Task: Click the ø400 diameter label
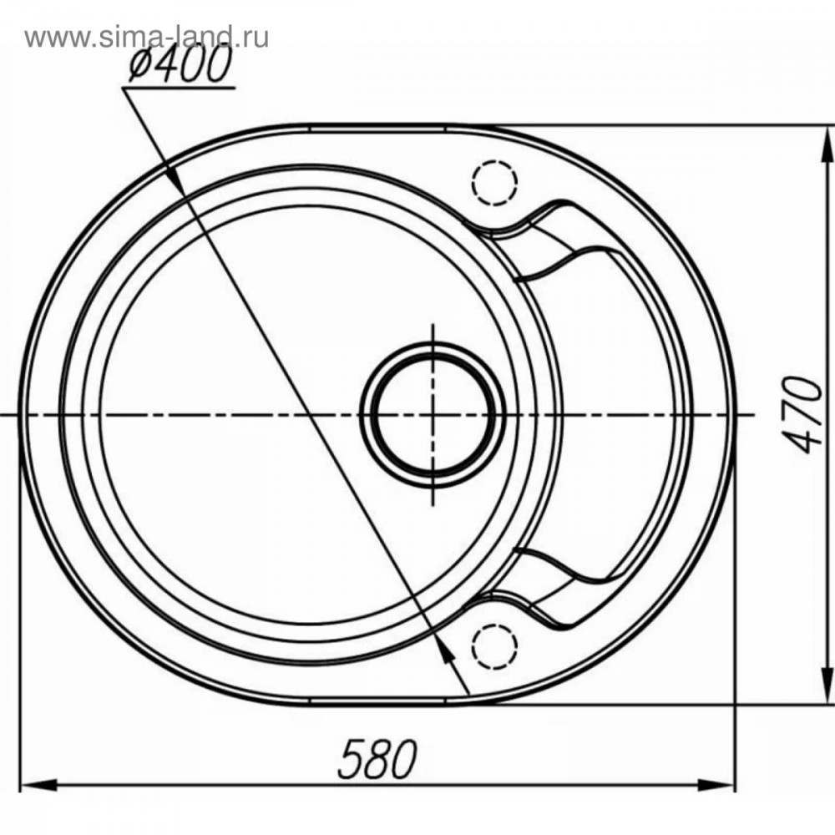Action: pyautogui.click(x=180, y=64)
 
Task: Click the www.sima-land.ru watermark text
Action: pyautogui.click(x=146, y=38)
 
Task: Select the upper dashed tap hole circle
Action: pyautogui.click(x=494, y=181)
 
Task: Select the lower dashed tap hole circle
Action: pyautogui.click(x=494, y=647)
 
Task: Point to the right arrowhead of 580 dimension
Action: pyautogui.click(x=716, y=784)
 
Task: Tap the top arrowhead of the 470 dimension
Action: pyautogui.click(x=828, y=144)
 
